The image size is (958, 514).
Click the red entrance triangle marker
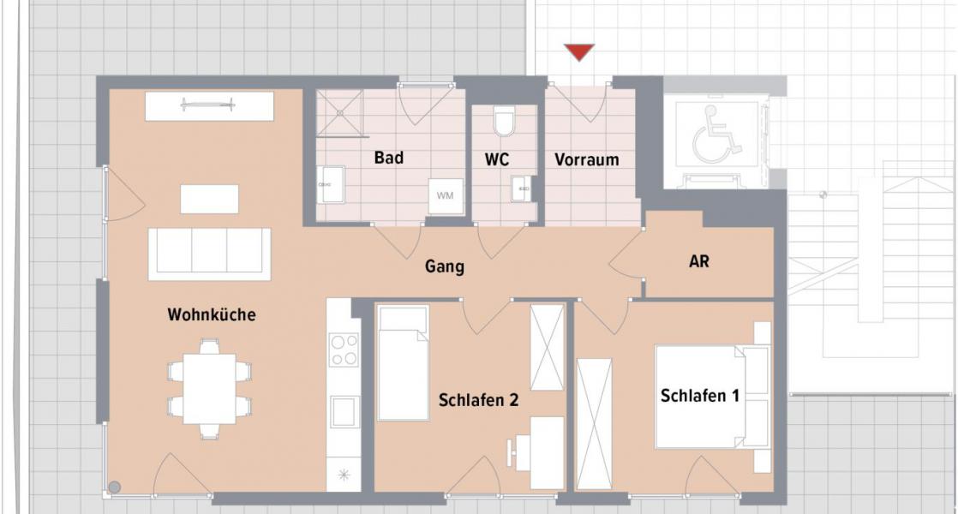click(x=579, y=52)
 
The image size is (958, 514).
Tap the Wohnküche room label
click(x=211, y=314)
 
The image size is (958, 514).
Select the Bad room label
click(x=388, y=158)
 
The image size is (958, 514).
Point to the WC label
click(x=497, y=159)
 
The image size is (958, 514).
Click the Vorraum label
click(x=586, y=159)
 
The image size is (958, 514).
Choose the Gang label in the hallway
click(x=445, y=266)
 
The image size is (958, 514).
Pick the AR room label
click(x=699, y=261)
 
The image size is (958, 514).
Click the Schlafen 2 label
click(x=478, y=399)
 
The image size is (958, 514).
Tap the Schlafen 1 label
click(x=700, y=395)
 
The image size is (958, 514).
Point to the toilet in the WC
click(x=504, y=122)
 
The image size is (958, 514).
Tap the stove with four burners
click(x=344, y=349)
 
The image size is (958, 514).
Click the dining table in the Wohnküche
click(x=210, y=389)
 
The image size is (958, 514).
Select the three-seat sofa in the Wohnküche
click(x=209, y=254)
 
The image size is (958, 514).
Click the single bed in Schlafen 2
click(x=403, y=364)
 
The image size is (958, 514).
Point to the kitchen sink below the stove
click(x=344, y=412)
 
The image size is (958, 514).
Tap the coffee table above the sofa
click(x=209, y=199)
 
